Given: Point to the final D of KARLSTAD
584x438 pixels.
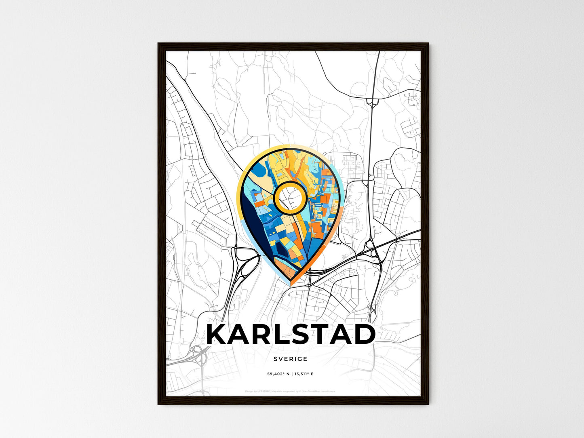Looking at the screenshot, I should pos(365,335).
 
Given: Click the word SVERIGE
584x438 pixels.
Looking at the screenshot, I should pos(290,359).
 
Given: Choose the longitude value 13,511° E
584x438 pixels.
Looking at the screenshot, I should pos(302,374).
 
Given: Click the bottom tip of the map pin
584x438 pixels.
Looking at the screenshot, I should pos(291,284).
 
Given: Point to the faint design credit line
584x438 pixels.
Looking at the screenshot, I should pos(290,391).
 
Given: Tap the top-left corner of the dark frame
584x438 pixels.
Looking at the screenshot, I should pos(159,44).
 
